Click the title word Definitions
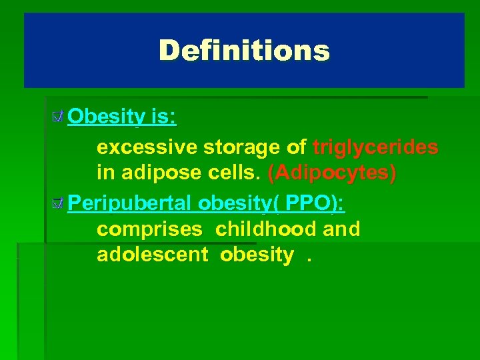(244, 50)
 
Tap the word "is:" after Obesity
(163, 117)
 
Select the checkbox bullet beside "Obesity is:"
(58, 118)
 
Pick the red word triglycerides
(375, 147)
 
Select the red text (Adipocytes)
(332, 173)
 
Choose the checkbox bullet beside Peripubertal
(58, 202)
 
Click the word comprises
(149, 229)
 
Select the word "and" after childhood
(341, 229)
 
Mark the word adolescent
(153, 255)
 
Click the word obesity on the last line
(257, 255)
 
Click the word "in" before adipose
(105, 173)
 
